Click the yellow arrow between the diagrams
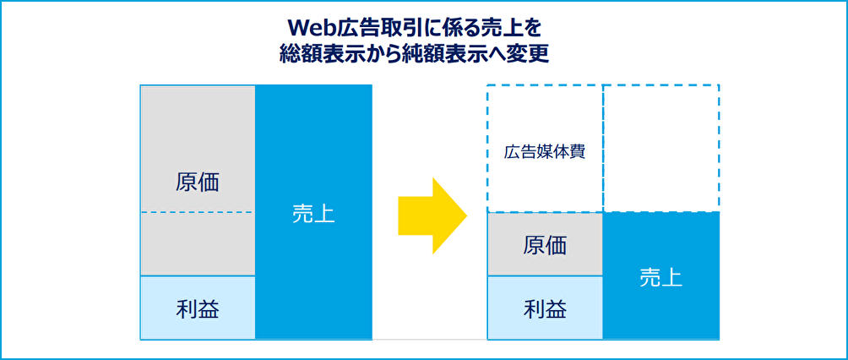coord(432,215)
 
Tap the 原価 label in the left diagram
coord(198,183)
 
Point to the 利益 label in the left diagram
coord(198,308)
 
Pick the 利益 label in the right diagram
coord(545,308)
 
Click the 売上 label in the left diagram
coord(313,214)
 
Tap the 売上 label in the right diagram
coord(660,276)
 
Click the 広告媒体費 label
coord(545,153)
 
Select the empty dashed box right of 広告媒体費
coord(660,148)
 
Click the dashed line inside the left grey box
coord(198,212)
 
